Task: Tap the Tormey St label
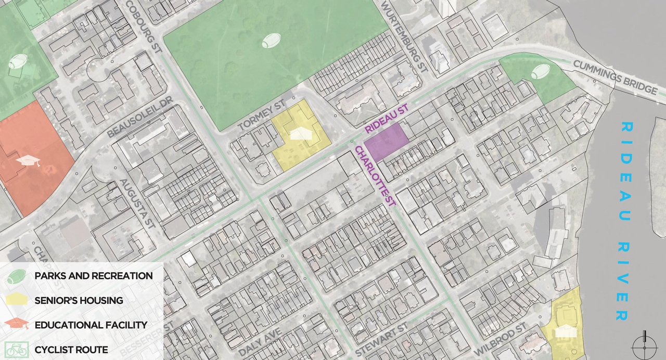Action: (262, 118)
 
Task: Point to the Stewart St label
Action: (382, 340)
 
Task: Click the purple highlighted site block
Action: (386, 141)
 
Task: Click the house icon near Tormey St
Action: (300, 134)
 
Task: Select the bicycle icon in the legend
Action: (16, 350)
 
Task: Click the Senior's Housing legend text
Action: (79, 300)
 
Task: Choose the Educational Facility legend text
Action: (91, 325)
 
